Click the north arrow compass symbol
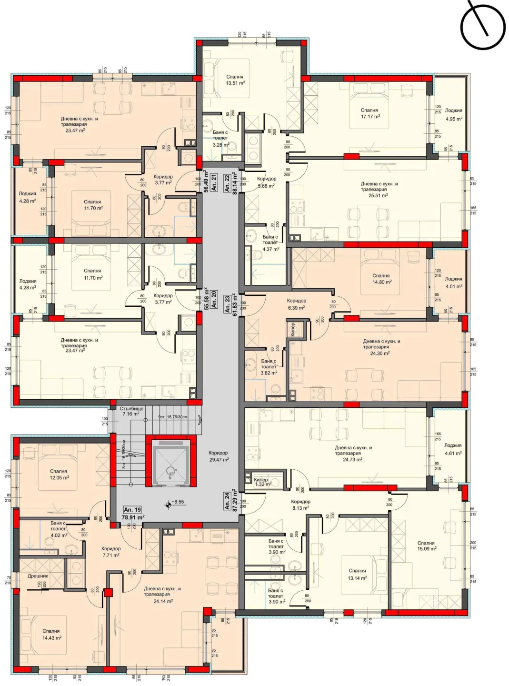pos(482,26)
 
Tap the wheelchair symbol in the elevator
pos(170,473)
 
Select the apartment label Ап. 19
pos(132,510)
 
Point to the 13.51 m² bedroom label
pos(235,80)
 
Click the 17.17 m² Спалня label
pos(369,113)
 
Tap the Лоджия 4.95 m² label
pos(453,114)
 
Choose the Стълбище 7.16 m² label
pos(131,411)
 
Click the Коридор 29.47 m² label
pos(219,456)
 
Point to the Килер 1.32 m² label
pos(262,482)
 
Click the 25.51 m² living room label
pos(379,189)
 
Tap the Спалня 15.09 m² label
pos(426,545)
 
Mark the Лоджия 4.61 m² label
pos(453,449)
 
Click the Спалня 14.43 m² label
pos(51,634)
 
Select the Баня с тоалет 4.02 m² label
pos(58,529)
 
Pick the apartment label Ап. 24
pos(228,501)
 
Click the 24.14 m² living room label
pos(162,595)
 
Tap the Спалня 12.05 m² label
pos(59,474)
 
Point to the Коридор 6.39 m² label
pos(296,304)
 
